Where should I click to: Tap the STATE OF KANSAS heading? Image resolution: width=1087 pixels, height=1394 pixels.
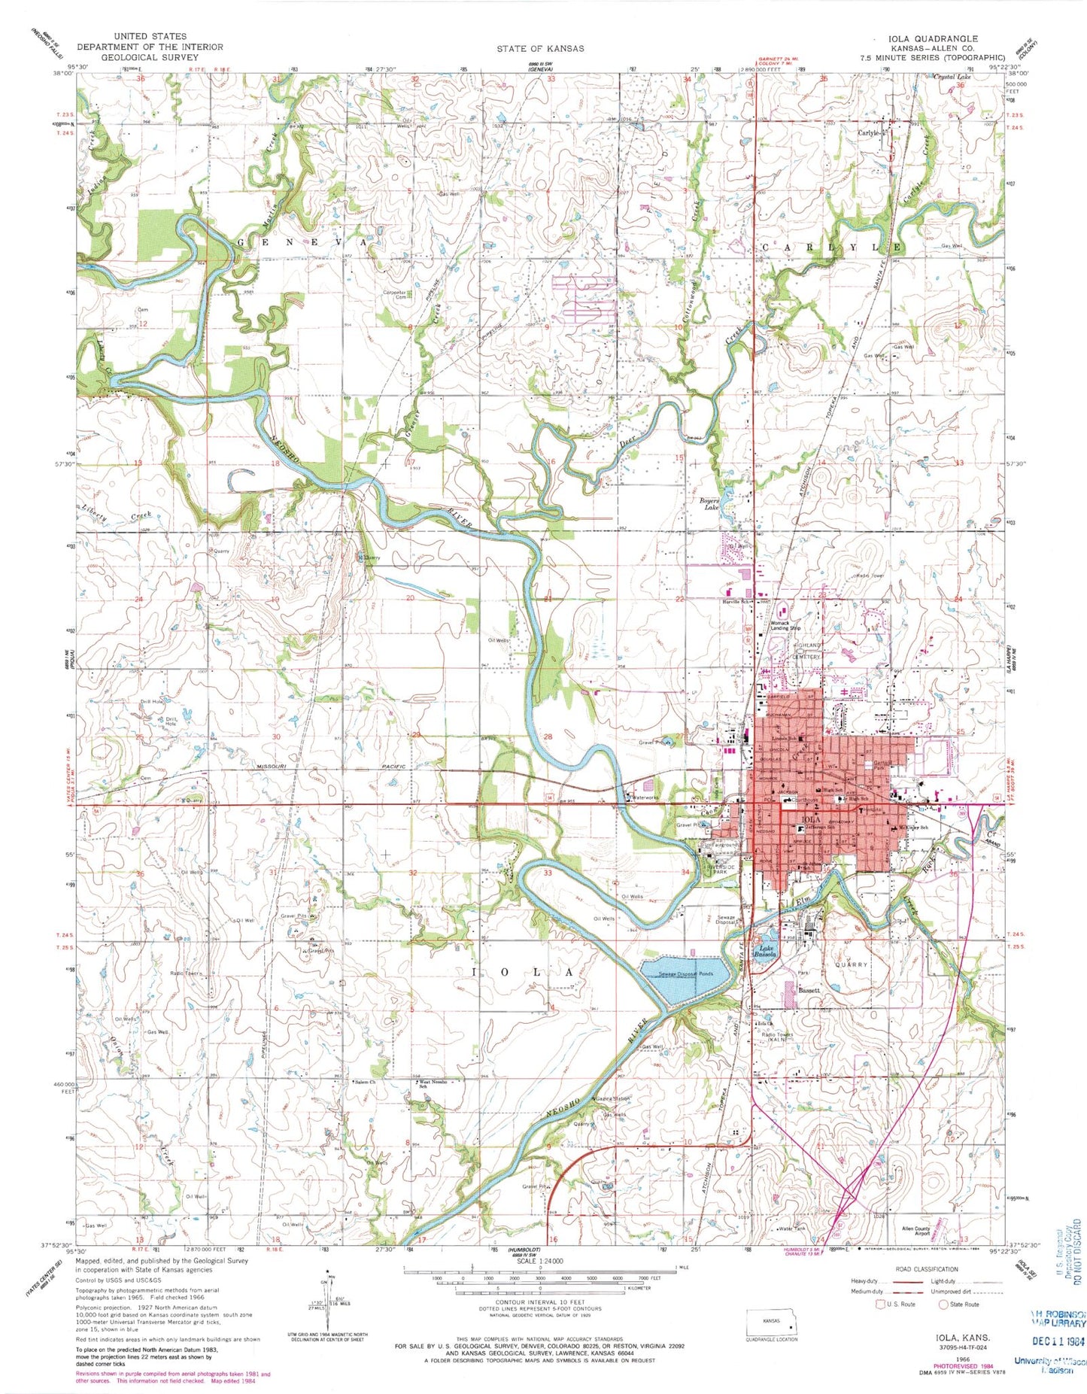539,48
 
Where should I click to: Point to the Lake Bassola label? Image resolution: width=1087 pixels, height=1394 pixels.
766,951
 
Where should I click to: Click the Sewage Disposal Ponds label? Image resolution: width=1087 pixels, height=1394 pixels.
685,973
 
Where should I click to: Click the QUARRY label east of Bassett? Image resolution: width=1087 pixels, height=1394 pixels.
851,964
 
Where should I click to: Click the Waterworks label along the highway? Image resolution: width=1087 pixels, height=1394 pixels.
645,798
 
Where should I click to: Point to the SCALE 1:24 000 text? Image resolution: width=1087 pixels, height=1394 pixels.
541,1260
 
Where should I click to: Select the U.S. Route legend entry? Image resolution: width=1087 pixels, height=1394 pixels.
900,1304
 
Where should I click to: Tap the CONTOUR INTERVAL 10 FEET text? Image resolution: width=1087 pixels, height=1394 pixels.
540,1301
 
